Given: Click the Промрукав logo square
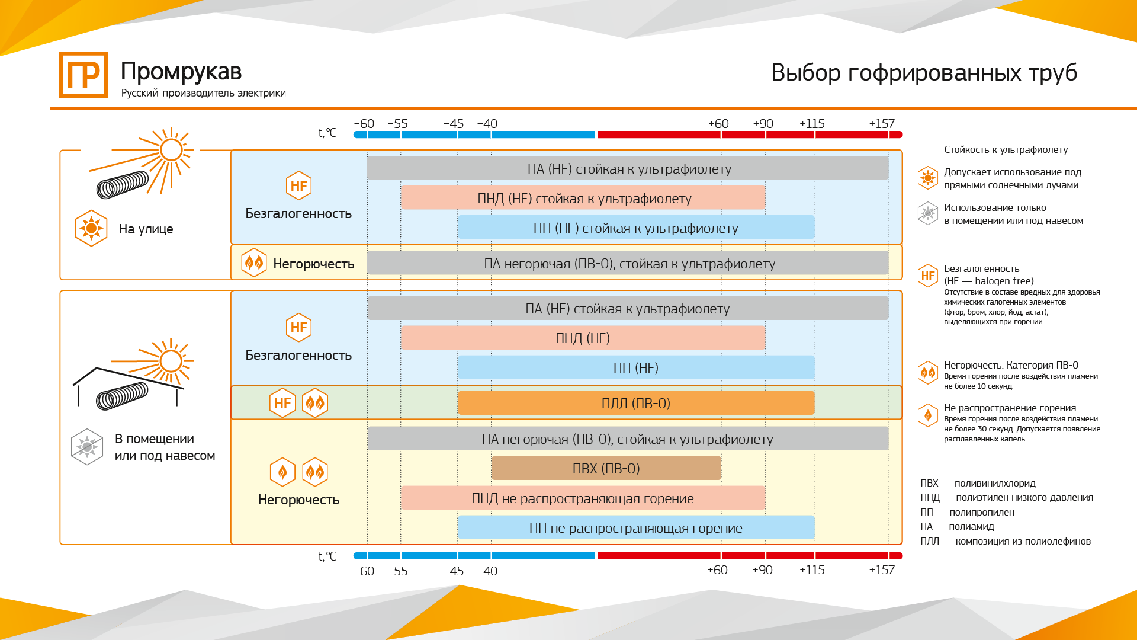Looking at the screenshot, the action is tap(83, 75).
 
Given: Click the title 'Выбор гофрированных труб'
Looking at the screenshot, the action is tap(924, 73).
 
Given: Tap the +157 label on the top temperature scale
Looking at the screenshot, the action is tap(882, 124).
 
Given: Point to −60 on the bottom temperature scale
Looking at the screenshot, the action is tap(364, 571).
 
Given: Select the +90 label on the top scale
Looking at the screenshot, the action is tap(763, 124).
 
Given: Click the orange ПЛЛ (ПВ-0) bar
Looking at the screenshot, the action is tap(636, 403).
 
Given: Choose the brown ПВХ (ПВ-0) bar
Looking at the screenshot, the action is tap(606, 468).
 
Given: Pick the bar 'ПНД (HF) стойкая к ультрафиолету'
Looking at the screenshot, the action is tap(583, 198).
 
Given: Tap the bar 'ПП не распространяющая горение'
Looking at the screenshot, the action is tap(636, 527).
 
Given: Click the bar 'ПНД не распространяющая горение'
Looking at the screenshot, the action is tap(583, 498).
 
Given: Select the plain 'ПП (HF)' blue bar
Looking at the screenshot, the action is tap(636, 367).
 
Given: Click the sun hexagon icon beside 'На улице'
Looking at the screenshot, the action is tap(91, 228).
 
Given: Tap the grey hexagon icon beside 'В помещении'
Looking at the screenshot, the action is tap(87, 447).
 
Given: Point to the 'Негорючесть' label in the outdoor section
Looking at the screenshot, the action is tap(314, 264).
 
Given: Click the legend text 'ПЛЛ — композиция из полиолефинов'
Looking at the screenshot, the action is tap(1006, 541).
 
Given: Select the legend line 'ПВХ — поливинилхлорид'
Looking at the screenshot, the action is tap(978, 483).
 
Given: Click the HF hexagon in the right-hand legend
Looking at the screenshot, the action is tap(928, 276).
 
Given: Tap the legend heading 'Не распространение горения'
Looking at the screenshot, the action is tap(1010, 408).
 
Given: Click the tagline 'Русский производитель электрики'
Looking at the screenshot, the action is tap(204, 93).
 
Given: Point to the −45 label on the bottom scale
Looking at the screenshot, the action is tap(454, 571).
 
